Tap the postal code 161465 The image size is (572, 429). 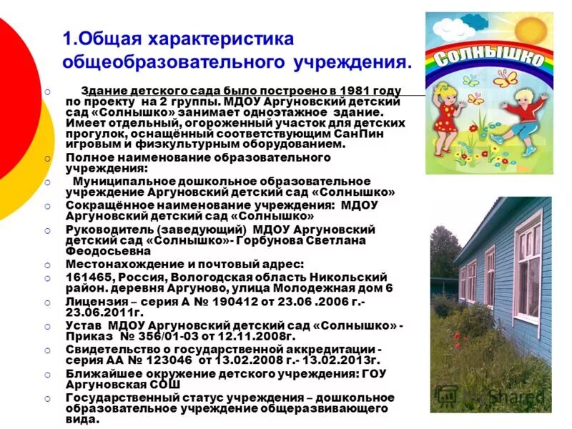click(89, 277)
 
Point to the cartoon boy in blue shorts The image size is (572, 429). click(521, 114)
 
